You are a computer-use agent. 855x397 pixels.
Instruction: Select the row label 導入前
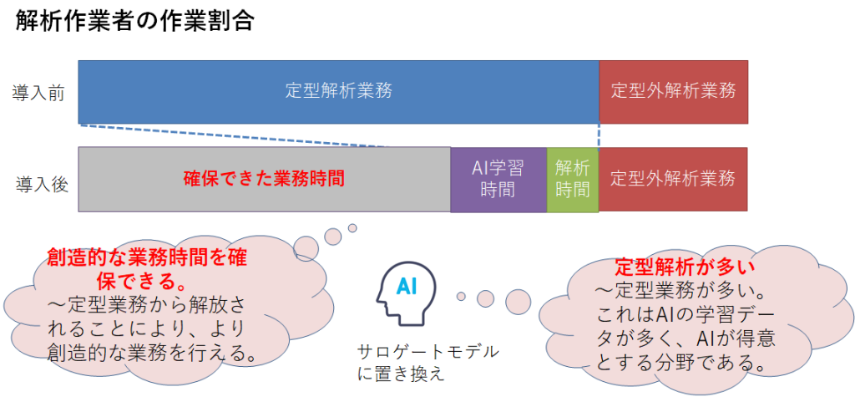[38, 94]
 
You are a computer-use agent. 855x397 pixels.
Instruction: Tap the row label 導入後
[42, 185]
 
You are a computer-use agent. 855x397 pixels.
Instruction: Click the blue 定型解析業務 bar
[339, 92]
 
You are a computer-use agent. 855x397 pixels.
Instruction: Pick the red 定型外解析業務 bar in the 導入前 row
[674, 92]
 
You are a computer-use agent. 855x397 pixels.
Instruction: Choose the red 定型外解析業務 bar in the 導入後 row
[674, 179]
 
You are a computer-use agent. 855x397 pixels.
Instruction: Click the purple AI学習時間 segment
[498, 179]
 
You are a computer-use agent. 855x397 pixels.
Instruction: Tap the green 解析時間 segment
[573, 179]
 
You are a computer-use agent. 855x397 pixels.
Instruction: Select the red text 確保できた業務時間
[264, 179]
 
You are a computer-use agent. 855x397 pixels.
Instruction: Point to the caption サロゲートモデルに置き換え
[427, 363]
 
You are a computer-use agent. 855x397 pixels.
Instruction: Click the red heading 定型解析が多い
[685, 267]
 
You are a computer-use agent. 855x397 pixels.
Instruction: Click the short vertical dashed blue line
[600, 135]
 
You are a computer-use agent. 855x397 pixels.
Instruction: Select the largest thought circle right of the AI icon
[518, 300]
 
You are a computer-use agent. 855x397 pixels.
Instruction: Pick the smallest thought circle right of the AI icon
[461, 297]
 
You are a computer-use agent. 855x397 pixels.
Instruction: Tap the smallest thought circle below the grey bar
[352, 227]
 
